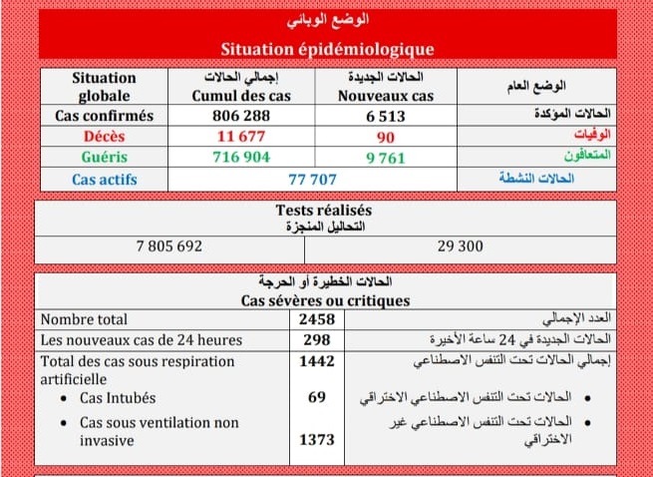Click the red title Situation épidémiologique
[326, 48]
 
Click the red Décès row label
[105, 136]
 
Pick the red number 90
[386, 136]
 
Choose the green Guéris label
[105, 157]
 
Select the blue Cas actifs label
[105, 180]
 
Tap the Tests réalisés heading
[323, 211]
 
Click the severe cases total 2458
[317, 319]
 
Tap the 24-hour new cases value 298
[317, 339]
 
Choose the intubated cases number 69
[317, 398]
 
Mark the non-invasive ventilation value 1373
[317, 439]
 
